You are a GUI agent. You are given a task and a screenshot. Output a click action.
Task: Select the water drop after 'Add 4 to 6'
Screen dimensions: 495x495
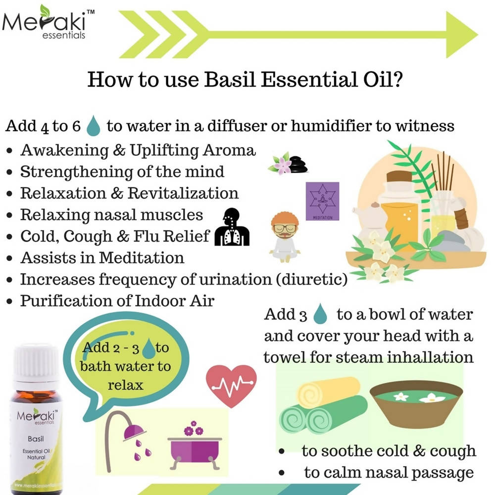tap(93, 125)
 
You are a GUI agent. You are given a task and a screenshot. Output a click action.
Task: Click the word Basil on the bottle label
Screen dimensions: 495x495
tap(33, 439)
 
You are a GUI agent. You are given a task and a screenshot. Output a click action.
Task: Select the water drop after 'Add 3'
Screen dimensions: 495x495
tap(322, 314)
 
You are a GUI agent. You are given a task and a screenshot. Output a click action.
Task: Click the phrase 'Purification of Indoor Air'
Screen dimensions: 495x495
tap(117, 300)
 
